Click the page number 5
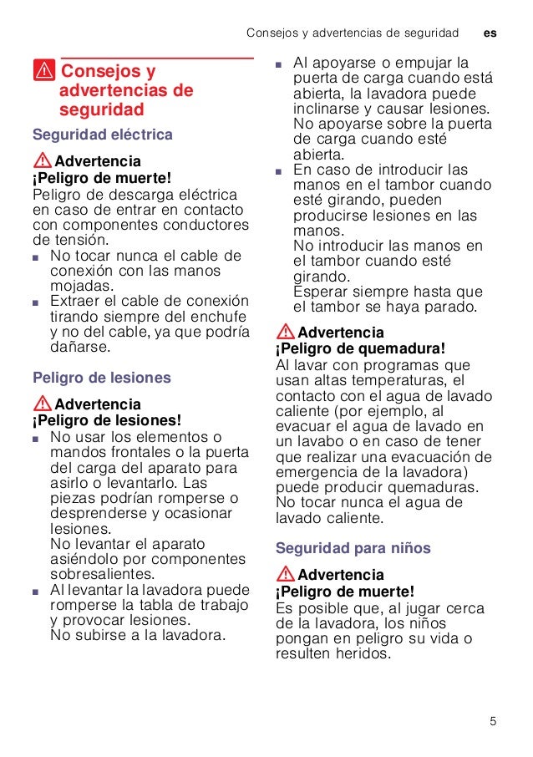tap(493, 721)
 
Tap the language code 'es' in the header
tap(490, 33)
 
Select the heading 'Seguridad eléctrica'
tap(103, 134)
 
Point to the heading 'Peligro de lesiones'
tap(101, 378)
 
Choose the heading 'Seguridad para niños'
tap(353, 548)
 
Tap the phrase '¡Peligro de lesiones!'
tap(106, 420)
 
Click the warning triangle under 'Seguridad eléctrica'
tap(42, 160)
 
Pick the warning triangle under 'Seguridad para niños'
tap(285, 575)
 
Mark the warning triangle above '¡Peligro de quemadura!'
tap(285, 332)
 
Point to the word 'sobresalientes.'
tap(103, 574)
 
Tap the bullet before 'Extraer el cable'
tap(37, 302)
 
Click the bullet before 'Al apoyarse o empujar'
tap(281, 64)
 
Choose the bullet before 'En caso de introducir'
tap(281, 170)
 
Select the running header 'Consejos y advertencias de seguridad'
tap(353, 33)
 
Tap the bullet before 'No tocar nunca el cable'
tap(37, 257)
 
